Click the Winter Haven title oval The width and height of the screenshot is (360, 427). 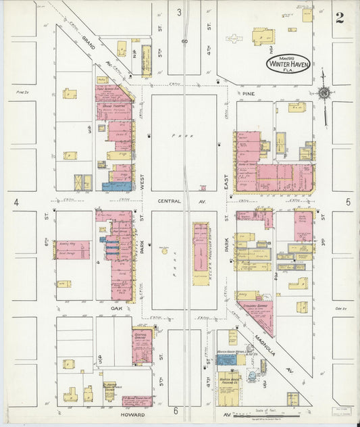point(283,65)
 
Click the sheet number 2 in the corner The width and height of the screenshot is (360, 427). point(339,18)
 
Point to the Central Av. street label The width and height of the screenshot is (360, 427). point(170,201)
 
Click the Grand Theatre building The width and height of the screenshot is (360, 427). point(113,106)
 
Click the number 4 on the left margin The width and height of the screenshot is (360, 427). point(14,202)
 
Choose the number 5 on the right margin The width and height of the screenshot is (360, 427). point(349,201)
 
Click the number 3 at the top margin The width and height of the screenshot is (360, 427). point(179,12)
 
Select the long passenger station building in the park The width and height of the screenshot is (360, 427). point(201,253)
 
